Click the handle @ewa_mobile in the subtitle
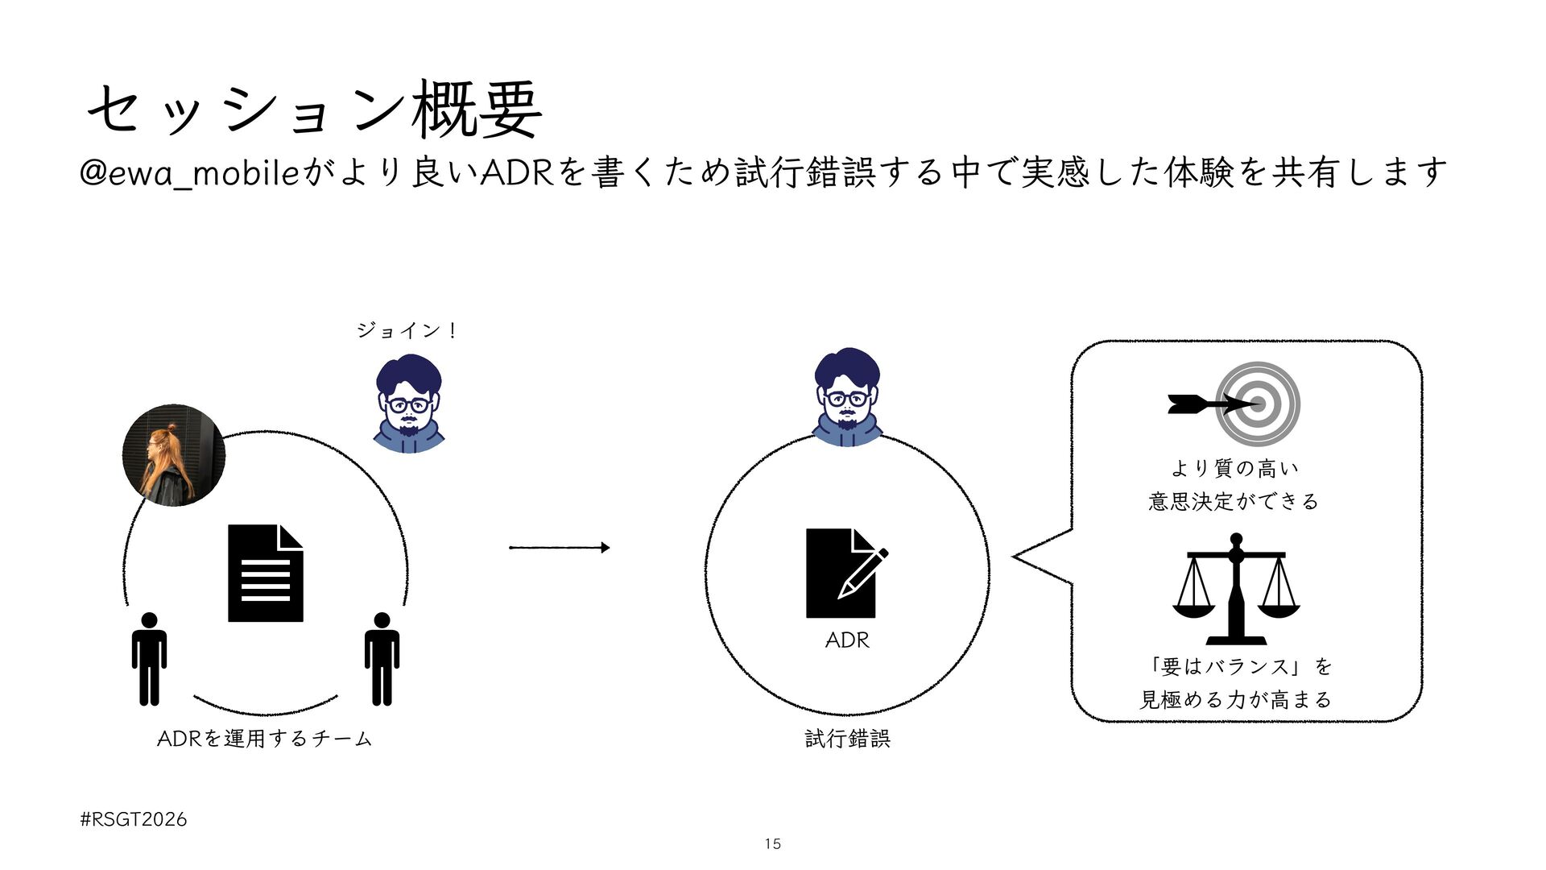[190, 173]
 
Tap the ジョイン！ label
[407, 330]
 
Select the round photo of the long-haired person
[173, 455]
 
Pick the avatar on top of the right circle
[846, 396]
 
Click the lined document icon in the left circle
[266, 574]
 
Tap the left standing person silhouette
[150, 659]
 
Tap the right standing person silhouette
[382, 659]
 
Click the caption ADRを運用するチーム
[264, 738]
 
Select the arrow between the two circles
[559, 548]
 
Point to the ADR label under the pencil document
[847, 640]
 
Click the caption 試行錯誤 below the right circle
[847, 738]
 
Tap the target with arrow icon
[1235, 404]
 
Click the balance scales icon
[1236, 588]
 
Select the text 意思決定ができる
[1234, 502]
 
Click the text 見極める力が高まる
[1235, 699]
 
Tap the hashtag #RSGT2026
[134, 819]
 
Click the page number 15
[772, 844]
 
